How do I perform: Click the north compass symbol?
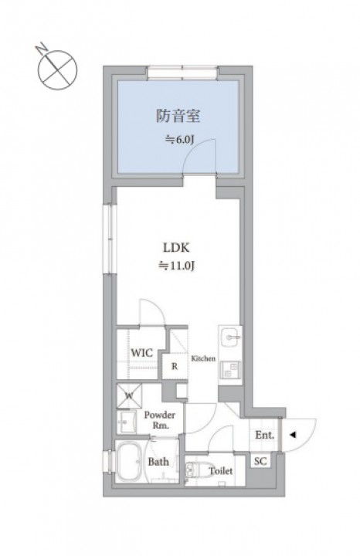click(56, 69)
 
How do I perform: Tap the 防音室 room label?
click(178, 116)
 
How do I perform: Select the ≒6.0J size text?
click(179, 140)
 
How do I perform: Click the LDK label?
click(176, 248)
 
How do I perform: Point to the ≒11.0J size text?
click(176, 266)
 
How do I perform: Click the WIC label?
click(142, 353)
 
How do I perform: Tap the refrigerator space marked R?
click(175, 366)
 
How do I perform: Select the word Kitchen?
click(203, 358)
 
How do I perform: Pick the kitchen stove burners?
click(230, 370)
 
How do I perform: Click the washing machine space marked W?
click(130, 395)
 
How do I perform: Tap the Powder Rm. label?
click(160, 420)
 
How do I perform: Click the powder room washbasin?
click(127, 422)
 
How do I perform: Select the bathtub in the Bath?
click(130, 461)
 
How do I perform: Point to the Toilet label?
click(221, 471)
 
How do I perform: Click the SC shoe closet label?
click(260, 461)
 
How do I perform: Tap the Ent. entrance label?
click(264, 435)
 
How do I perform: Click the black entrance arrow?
click(292, 435)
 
